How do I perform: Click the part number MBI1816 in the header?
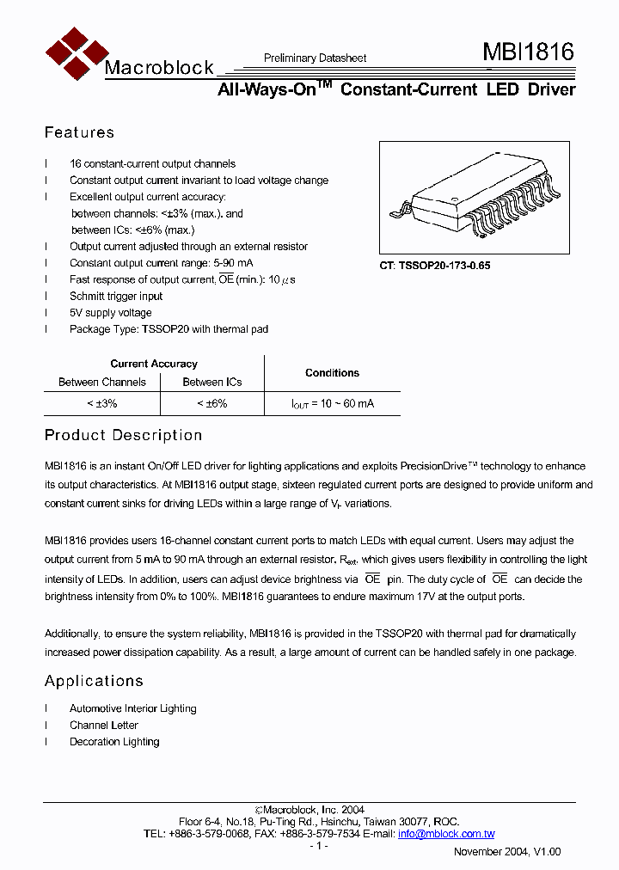coord(529,52)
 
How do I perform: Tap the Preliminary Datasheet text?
coord(315,58)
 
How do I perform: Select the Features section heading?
coord(79,132)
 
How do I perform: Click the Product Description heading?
coord(123,435)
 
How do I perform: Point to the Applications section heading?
coord(94,681)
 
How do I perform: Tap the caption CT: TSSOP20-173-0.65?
coord(435,267)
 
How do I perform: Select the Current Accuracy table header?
coord(154,364)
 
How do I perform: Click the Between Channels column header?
coord(101,382)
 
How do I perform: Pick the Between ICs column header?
coord(212,382)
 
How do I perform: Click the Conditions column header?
coord(332,373)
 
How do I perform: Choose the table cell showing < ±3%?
coord(101,403)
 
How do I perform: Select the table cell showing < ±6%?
coord(211,403)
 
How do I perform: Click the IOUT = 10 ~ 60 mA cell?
coord(332,403)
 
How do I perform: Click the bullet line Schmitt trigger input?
coord(116,297)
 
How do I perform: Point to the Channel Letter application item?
coord(104,726)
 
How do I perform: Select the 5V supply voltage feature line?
coord(111,313)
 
